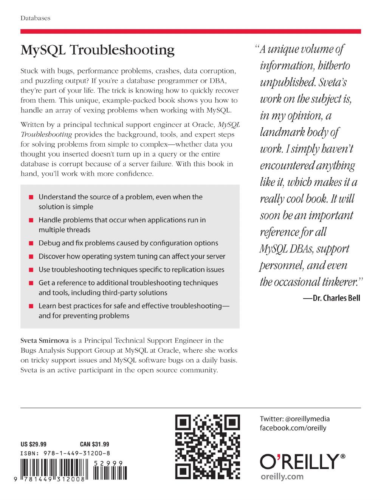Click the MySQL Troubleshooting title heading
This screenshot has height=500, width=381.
[98, 50]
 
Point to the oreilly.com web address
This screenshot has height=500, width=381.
[282, 476]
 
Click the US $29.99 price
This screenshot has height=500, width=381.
[33, 444]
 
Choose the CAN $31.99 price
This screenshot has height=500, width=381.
[94, 444]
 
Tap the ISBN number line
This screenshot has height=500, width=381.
[65, 453]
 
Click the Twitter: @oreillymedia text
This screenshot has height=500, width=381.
[295, 419]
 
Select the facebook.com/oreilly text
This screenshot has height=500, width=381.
[293, 428]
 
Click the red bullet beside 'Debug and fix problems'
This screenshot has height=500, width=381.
[31, 244]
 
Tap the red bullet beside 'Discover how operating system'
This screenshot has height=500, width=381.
[31, 257]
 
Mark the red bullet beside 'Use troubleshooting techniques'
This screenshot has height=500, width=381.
[31, 270]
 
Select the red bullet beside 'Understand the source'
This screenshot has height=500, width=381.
[31, 197]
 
